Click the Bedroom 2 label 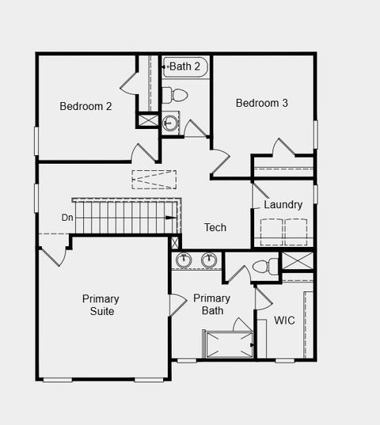85,106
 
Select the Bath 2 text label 188,66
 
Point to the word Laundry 283,205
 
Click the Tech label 215,227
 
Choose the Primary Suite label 101,305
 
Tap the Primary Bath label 212,304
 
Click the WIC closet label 285,321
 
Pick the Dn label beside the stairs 68,217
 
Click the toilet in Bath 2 176,96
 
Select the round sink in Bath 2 170,123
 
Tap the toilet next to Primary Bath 266,266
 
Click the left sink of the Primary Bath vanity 184,260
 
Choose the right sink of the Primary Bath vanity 209,260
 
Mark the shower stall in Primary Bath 228,344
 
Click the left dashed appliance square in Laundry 272,232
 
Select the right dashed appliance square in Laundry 297,232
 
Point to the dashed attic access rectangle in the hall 154,179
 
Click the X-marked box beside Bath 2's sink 148,120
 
